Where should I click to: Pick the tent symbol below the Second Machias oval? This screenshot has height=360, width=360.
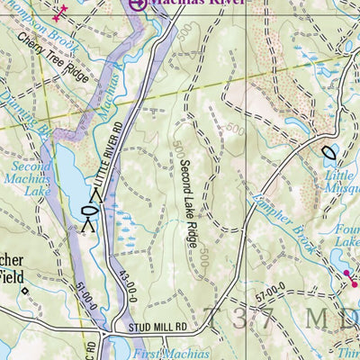(x=88, y=225)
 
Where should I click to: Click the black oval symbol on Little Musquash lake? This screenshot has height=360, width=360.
(x=327, y=153)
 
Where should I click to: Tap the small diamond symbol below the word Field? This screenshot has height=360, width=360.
(x=26, y=290)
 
